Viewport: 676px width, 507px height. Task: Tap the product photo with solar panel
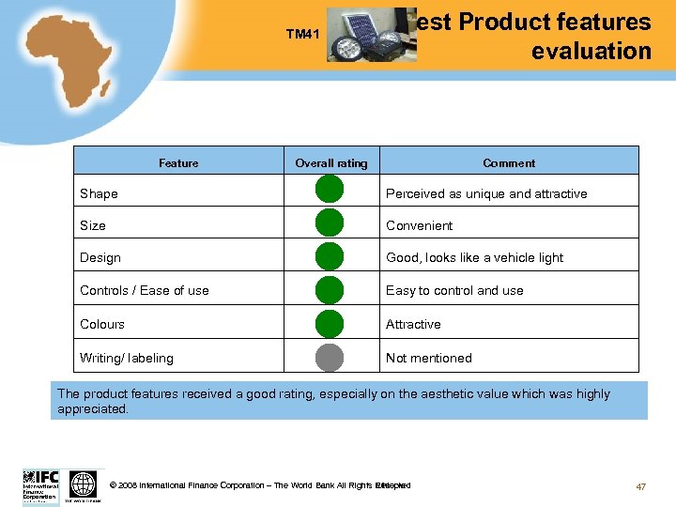click(372, 37)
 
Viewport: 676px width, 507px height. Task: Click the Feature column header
click(178, 163)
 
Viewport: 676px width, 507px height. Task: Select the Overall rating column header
click(331, 163)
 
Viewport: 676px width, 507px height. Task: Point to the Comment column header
click(509, 163)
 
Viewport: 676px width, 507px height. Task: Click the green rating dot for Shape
click(330, 191)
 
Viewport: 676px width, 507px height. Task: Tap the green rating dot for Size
click(330, 223)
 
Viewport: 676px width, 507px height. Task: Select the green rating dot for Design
click(330, 256)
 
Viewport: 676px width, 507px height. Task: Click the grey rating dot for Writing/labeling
click(330, 357)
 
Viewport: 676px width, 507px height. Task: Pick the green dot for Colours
click(330, 323)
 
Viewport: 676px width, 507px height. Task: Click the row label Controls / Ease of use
click(145, 290)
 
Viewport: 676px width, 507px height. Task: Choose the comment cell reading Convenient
click(420, 225)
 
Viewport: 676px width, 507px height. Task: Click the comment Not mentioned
click(429, 358)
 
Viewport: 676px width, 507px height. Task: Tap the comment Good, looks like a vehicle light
click(475, 257)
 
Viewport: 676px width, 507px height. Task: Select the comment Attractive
click(413, 324)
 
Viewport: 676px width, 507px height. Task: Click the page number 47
click(641, 485)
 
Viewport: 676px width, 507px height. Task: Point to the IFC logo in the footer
click(40, 484)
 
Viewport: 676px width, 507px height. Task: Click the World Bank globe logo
click(84, 484)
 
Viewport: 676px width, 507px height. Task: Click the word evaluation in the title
click(591, 51)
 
